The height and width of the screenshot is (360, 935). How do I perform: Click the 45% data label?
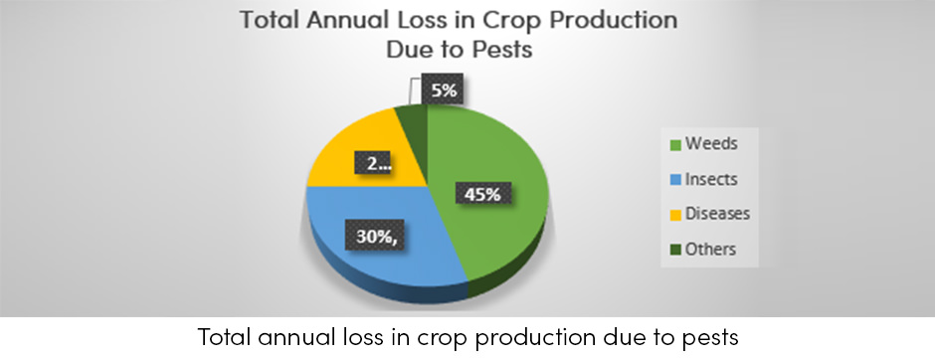click(x=480, y=193)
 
